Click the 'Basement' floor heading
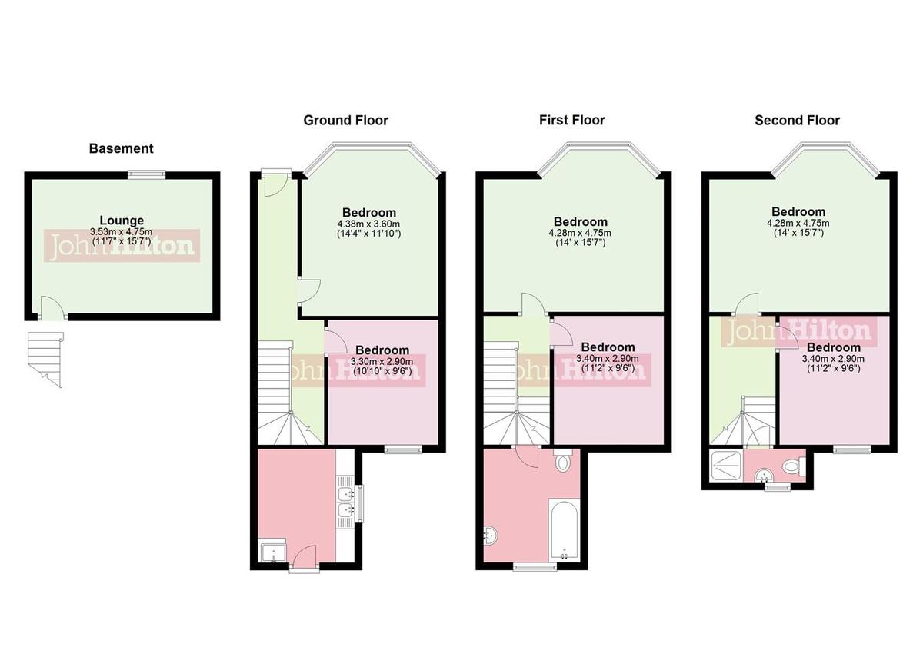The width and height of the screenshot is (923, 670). tap(121, 148)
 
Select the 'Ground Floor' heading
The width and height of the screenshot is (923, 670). tap(345, 120)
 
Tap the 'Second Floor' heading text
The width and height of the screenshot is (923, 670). tap(797, 120)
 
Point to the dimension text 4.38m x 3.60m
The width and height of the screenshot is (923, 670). tap(369, 224)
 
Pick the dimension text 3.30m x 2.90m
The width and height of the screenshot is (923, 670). tap(382, 362)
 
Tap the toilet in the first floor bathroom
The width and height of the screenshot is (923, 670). tap(563, 462)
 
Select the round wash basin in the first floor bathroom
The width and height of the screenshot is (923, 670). tap(489, 536)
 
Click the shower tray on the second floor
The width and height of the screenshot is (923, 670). tap(726, 465)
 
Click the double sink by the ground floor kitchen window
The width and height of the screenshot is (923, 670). tap(345, 502)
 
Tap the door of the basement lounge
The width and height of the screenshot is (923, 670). tap(52, 309)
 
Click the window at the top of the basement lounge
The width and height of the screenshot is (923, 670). tap(146, 174)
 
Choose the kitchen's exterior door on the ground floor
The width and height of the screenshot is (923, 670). tap(305, 557)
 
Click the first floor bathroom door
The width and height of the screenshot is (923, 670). tap(527, 458)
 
